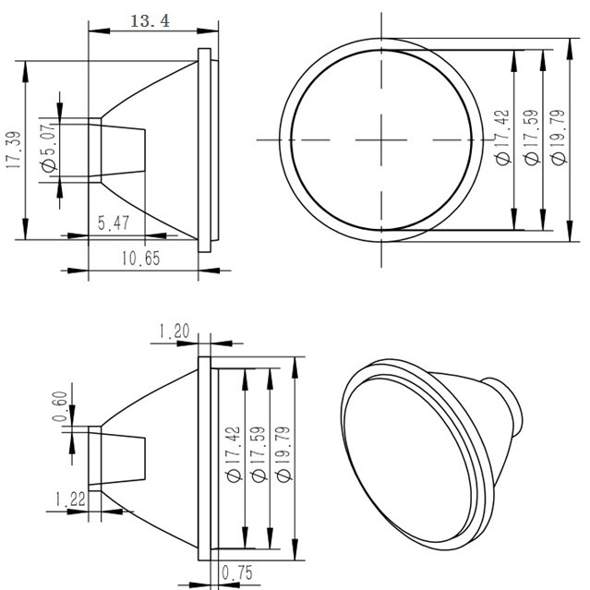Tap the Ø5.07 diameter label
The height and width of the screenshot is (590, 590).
pos(49,151)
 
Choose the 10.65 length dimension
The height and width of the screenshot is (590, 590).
pos(140,259)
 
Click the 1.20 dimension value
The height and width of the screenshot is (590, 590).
pos(175,331)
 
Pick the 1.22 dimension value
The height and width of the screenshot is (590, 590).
pos(71,499)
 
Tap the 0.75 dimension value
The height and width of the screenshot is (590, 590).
pos(238,572)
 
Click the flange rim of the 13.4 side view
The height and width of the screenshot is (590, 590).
pos(210,148)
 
